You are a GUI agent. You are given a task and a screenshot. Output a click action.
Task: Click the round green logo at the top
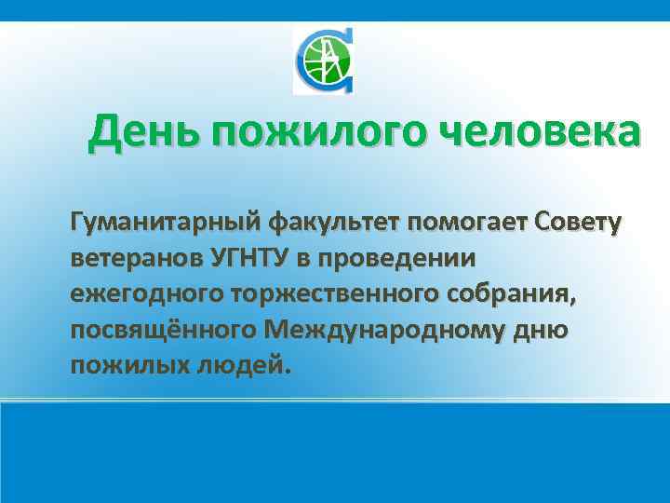coord(323,61)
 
